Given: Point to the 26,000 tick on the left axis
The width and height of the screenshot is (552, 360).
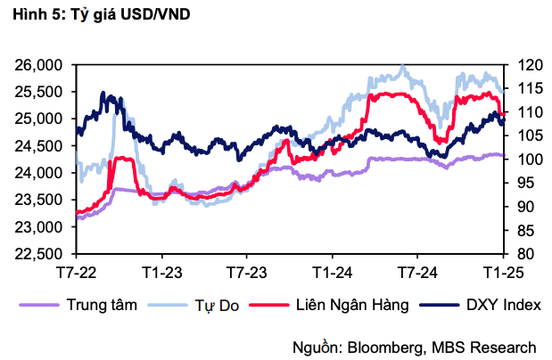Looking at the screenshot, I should [38, 65].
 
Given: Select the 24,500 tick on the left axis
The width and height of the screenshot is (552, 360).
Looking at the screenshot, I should [38, 146].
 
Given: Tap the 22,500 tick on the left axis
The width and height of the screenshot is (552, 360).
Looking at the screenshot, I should [38, 254].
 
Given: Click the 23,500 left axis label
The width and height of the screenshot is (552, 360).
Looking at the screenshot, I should [38, 200].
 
